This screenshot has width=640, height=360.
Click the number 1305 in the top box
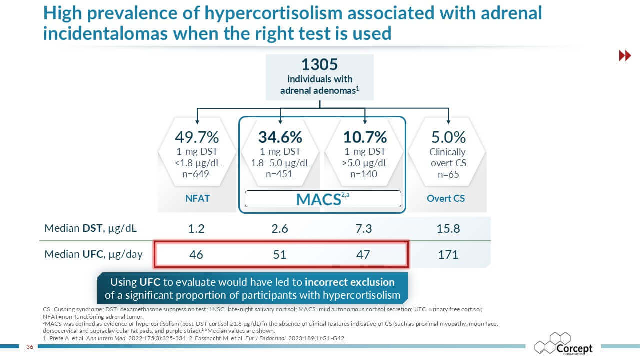(320, 65)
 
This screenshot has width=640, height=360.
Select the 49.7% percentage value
(197, 137)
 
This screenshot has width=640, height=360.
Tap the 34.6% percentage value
(280, 137)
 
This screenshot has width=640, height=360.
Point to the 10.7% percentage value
(365, 137)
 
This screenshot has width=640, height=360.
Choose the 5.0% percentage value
(448, 137)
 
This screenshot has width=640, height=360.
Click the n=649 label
(197, 174)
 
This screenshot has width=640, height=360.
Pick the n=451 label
(280, 174)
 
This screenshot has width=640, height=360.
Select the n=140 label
(365, 174)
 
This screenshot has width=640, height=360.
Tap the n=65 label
(448, 175)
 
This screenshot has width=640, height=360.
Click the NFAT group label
(197, 198)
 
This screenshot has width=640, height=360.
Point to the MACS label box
(322, 199)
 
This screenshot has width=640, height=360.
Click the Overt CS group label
(446, 198)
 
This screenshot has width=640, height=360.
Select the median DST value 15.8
(448, 229)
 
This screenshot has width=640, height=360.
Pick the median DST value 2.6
(280, 229)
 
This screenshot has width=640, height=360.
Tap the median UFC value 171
(448, 255)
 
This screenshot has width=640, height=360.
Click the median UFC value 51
(280, 255)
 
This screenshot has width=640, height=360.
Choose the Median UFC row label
(94, 254)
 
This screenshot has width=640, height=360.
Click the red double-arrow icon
(625, 56)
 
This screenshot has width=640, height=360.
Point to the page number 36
(29, 347)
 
